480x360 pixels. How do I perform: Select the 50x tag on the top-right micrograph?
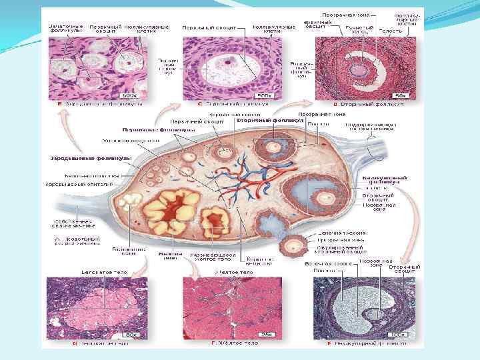399,97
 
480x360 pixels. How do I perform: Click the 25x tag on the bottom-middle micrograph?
267,334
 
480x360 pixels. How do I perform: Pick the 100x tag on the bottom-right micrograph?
399,334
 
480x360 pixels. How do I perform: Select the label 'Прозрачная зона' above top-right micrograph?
342,15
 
